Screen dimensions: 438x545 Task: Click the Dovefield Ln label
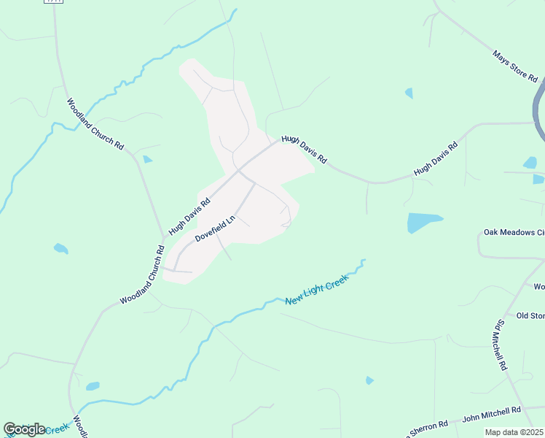(x=216, y=228)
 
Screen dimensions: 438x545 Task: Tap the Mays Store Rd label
(x=515, y=66)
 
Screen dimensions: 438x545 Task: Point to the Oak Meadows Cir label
(x=514, y=233)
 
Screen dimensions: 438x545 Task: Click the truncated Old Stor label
(x=530, y=315)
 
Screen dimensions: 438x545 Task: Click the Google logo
(x=24, y=429)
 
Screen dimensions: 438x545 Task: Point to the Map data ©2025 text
(x=514, y=432)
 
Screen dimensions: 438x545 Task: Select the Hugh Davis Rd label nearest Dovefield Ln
(x=189, y=215)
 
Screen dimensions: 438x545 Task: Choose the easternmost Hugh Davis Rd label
(x=436, y=158)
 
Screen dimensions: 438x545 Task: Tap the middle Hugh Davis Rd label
(x=305, y=148)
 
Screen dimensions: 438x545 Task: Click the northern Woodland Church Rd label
(x=95, y=124)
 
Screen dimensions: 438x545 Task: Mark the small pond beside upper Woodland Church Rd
(x=148, y=159)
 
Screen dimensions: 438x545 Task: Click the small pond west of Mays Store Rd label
(x=409, y=93)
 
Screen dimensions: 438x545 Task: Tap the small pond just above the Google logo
(x=93, y=386)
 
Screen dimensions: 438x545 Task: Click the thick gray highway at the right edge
(x=538, y=109)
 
